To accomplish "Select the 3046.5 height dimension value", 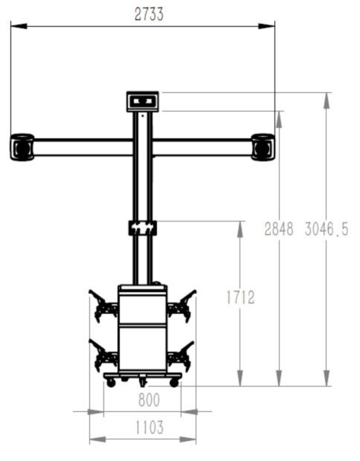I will [x=326, y=230].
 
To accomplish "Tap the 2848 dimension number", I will [x=280, y=230].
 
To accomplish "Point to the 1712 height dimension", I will [x=240, y=298].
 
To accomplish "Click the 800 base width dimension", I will [x=149, y=399].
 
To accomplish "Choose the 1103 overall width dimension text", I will [x=149, y=428].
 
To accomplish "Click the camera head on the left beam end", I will [x=22, y=146].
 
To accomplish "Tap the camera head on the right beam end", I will [x=263, y=146].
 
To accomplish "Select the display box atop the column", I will [x=143, y=100].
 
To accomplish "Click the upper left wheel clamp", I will [x=103, y=305].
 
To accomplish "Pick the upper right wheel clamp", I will [x=181, y=305].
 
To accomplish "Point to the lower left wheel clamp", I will [x=103, y=355].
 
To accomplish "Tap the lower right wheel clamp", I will [x=181, y=355].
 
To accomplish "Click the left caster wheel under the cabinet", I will [x=111, y=382].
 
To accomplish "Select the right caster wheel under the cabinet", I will [x=174, y=382].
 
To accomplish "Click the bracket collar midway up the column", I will [x=142, y=227].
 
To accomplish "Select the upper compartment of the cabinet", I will [x=142, y=307].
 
